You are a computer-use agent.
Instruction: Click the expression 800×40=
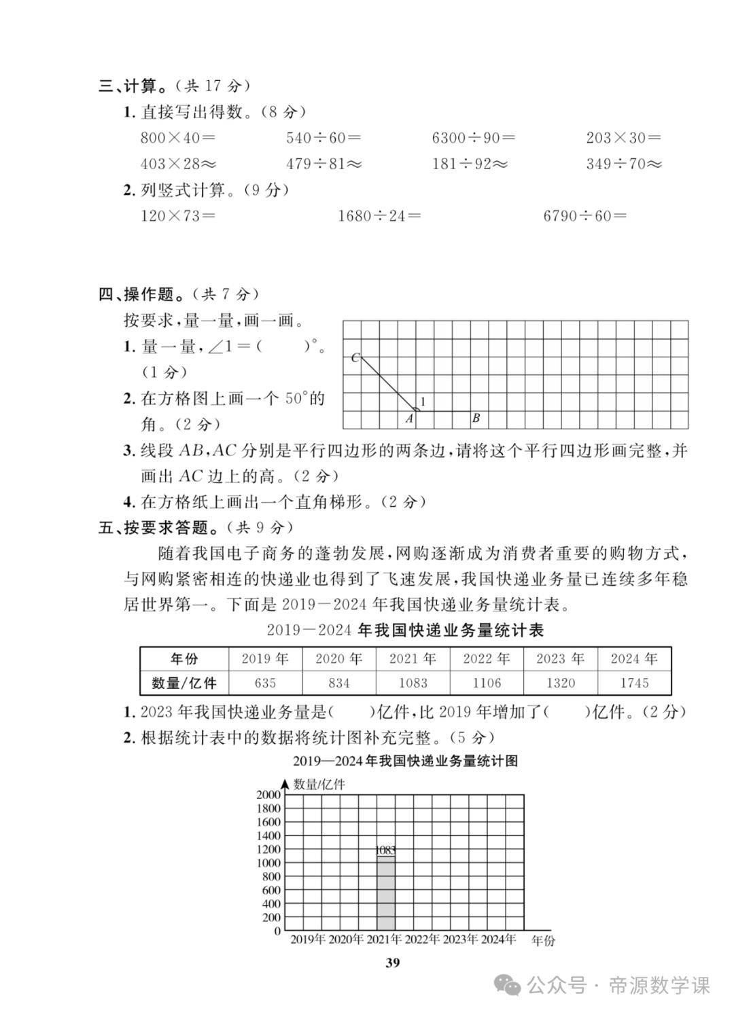point(177,138)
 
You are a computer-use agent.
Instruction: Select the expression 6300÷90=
point(473,138)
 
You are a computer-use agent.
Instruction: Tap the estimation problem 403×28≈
point(178,164)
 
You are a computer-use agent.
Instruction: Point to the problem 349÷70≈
point(624,164)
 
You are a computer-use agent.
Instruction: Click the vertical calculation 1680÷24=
point(379,216)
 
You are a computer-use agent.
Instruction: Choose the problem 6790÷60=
point(584,216)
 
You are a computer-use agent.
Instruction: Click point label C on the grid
point(355,358)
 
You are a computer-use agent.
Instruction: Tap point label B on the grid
point(476,419)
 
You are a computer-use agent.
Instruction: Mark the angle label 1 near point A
point(423,402)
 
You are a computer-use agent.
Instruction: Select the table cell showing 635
point(265,683)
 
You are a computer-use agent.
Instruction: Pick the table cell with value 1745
point(634,683)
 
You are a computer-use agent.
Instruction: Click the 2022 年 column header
point(487,658)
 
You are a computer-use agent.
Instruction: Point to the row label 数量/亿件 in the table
point(184,683)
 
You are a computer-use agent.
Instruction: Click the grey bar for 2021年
point(386,893)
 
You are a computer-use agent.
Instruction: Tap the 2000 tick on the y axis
point(268,794)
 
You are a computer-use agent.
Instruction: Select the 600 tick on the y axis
point(271,890)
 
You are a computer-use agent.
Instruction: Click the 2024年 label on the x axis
point(498,940)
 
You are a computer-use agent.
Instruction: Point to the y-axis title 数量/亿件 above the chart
point(319,784)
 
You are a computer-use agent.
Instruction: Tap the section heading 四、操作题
point(141,294)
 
